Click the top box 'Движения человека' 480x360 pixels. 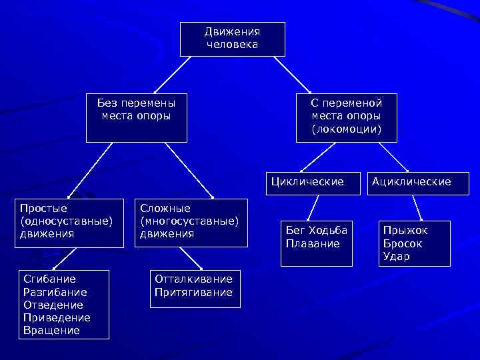[x=232, y=39]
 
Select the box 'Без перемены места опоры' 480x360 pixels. [x=136, y=117]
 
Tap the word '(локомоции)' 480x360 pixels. [x=346, y=129]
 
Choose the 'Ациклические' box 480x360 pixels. [x=411, y=181]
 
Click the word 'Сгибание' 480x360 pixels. [x=49, y=279]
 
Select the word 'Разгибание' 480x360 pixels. [x=55, y=292]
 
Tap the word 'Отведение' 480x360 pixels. [x=53, y=305]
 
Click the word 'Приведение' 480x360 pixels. [x=57, y=317]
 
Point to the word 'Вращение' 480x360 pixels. [x=51, y=330]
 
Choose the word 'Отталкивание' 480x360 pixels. [x=193, y=279]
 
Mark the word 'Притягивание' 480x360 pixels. [x=193, y=292]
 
